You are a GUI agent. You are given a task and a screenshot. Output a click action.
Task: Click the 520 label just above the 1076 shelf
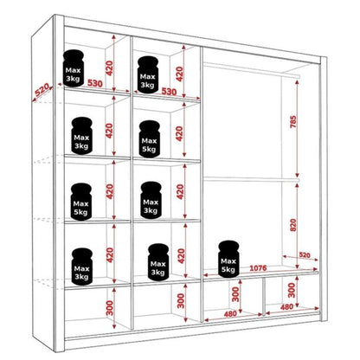pyautogui.click(x=303, y=255)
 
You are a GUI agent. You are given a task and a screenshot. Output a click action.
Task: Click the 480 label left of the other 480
pyautogui.click(x=228, y=313)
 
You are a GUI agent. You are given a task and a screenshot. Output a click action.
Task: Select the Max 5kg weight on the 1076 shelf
pyautogui.click(x=228, y=258)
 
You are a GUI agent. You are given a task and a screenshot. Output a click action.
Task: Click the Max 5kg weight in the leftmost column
pyautogui.click(x=80, y=202)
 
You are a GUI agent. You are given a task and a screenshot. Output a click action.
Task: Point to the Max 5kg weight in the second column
pyautogui.click(x=148, y=138)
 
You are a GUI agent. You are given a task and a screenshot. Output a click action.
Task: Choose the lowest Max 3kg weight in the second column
pyautogui.click(x=157, y=261)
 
